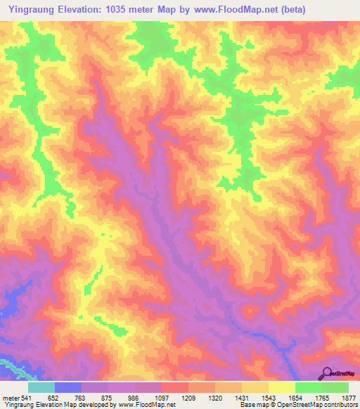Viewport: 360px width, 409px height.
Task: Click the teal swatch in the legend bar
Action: [41, 387]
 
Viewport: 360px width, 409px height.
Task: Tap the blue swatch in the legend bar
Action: [68, 387]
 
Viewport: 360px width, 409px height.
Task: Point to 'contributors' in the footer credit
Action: [340, 405]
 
